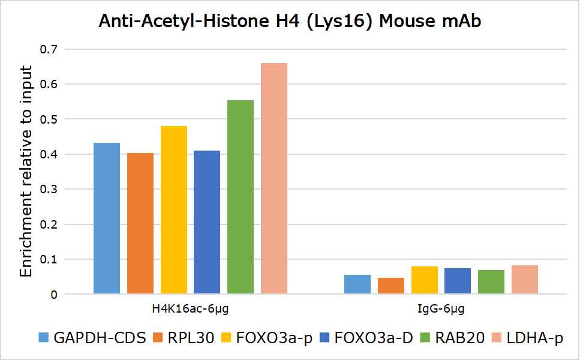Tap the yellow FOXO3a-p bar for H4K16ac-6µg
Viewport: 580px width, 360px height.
pos(173,210)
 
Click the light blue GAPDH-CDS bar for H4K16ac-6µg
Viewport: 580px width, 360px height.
pos(107,218)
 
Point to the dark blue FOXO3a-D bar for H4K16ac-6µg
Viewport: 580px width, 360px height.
pos(207,222)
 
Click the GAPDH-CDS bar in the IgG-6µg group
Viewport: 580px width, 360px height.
pos(357,284)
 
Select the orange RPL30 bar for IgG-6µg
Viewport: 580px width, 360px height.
pos(390,286)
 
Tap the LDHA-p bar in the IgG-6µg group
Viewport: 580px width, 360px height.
pos(525,280)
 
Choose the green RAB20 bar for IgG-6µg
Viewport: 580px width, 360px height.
pos(491,282)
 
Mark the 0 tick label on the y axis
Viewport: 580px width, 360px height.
pos(54,295)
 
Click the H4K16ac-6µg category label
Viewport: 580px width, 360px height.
pos(190,310)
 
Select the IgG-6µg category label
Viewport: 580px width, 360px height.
pos(441,310)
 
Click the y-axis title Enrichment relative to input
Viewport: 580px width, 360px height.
pos(26,171)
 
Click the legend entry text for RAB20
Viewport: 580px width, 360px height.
pos(460,338)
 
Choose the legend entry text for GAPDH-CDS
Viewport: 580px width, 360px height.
pos(100,338)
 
